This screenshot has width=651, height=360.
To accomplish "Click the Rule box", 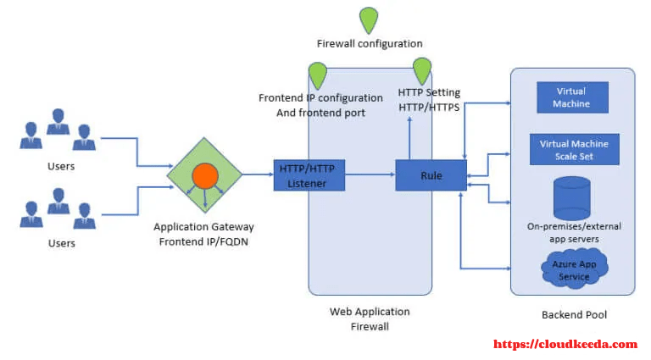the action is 431,175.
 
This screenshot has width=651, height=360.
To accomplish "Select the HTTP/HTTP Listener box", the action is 309,175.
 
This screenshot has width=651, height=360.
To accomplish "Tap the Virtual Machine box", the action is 572,97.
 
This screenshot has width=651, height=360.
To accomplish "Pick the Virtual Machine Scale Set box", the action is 574,149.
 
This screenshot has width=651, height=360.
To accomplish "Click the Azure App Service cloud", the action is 575,269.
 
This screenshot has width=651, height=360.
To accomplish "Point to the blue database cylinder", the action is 571,198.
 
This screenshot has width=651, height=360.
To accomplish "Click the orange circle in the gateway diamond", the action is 205,176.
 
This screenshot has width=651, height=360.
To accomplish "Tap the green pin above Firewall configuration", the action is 369,20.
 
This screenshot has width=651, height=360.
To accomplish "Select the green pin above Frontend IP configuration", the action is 318,75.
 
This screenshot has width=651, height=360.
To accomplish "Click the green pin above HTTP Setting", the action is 422,71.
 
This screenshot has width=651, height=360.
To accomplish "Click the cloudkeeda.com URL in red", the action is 565,344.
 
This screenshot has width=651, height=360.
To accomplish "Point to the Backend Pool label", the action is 574,315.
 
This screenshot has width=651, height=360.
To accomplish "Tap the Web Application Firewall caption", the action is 370,319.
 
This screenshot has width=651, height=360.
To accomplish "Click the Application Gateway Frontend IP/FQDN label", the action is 203,235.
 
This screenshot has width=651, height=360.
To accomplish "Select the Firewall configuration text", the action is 370,43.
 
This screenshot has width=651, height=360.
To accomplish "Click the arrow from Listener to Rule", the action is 370,174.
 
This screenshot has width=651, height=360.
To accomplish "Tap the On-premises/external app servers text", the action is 574,232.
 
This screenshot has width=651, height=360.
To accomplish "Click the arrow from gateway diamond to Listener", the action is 258,174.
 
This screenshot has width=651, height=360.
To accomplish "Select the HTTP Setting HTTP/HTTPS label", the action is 429,100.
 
